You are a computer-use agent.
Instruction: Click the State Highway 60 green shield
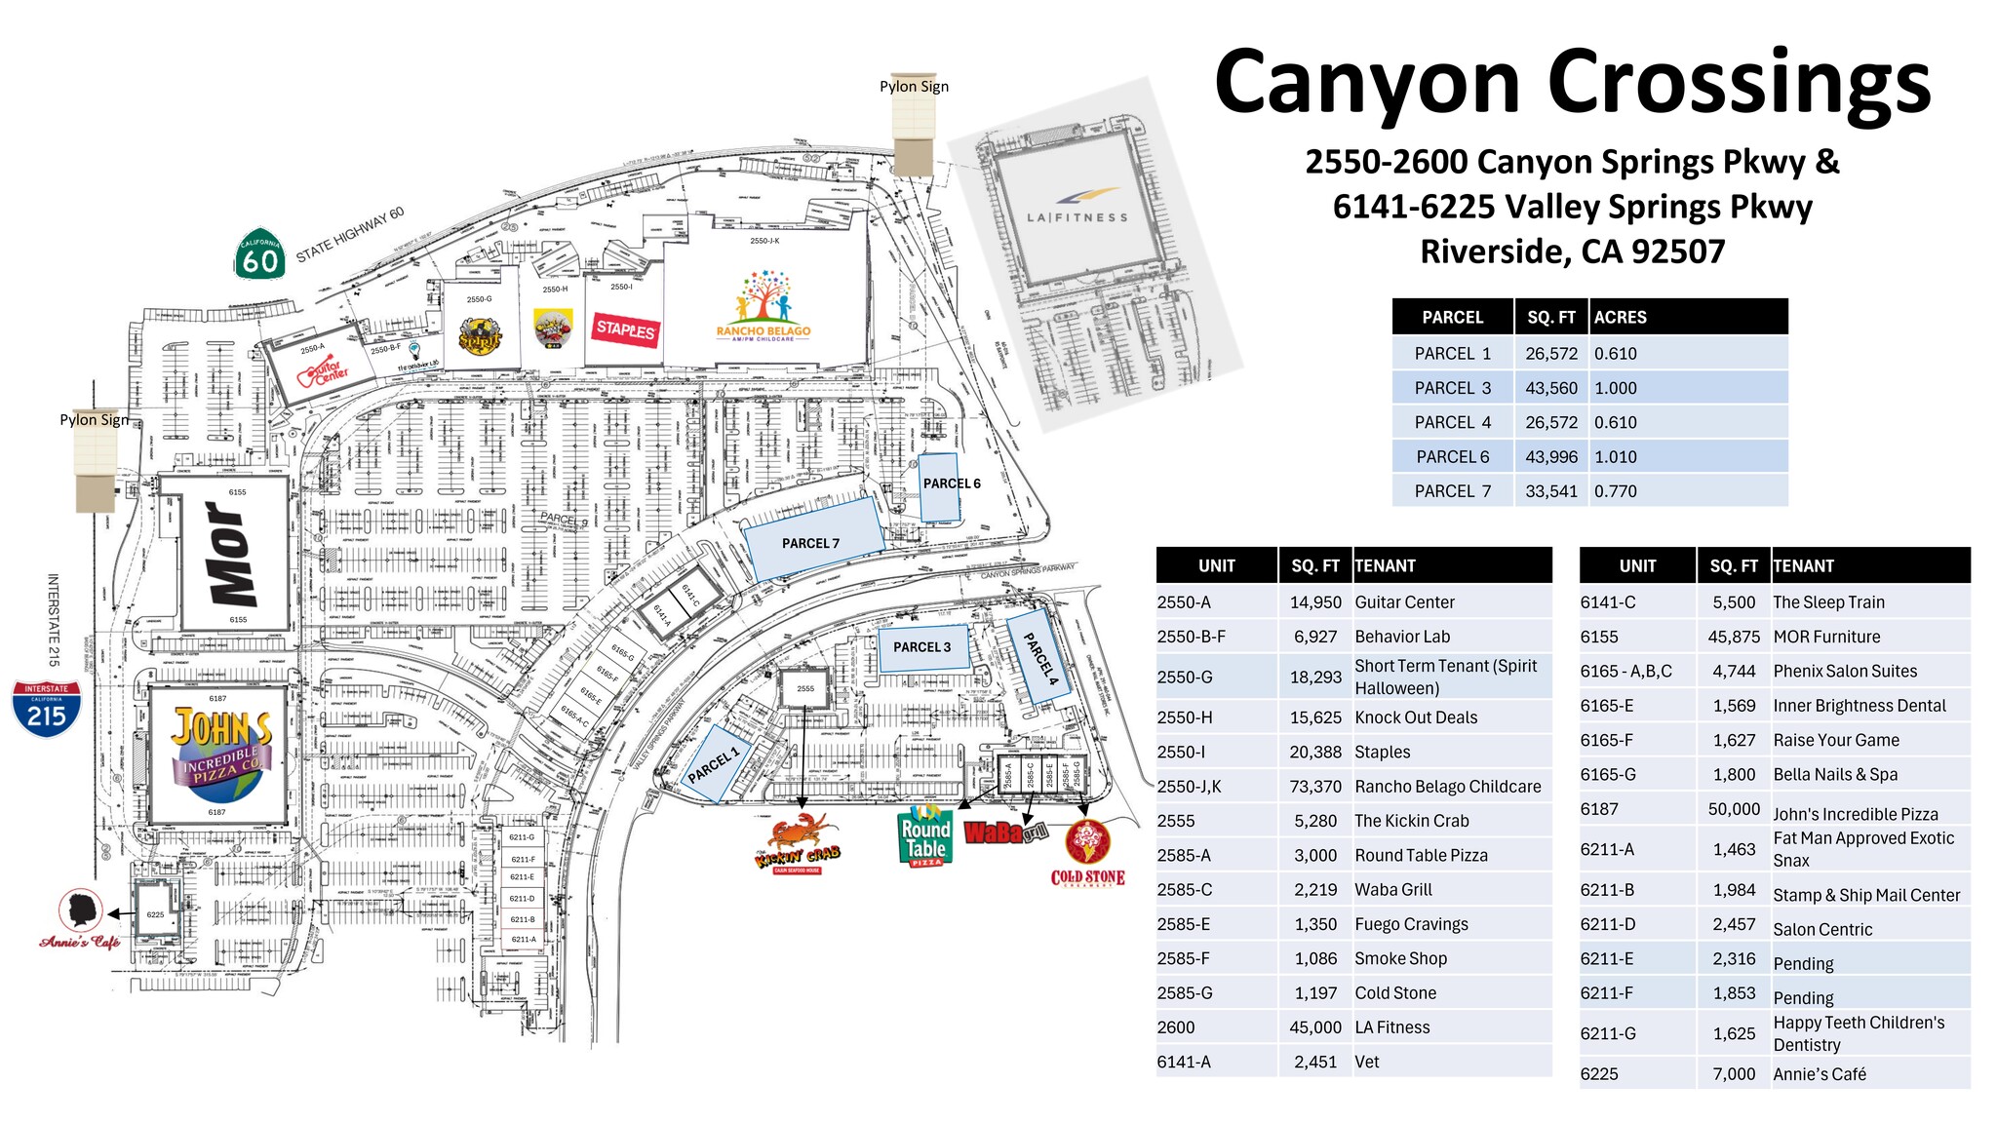pyautogui.click(x=259, y=255)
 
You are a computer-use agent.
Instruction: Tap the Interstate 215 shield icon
pyautogui.click(x=46, y=709)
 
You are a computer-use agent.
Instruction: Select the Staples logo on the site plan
pyautogui.click(x=625, y=329)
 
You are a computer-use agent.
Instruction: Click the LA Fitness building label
pyautogui.click(x=1077, y=217)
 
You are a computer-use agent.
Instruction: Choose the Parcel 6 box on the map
pyautogui.click(x=940, y=485)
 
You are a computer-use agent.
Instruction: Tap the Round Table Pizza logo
pyautogui.click(x=924, y=836)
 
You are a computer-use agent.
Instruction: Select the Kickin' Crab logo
pyautogui.click(x=799, y=844)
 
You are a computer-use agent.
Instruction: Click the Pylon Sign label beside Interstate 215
pyautogui.click(x=94, y=419)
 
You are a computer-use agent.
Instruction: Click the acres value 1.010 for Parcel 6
pyautogui.click(x=1615, y=456)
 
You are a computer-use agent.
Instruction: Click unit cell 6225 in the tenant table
pyautogui.click(x=1599, y=1073)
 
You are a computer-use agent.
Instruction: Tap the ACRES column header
pyautogui.click(x=1620, y=317)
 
